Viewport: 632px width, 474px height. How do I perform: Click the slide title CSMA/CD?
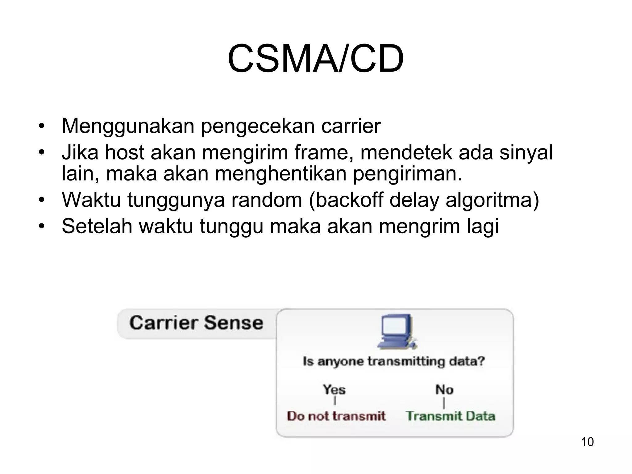(315, 59)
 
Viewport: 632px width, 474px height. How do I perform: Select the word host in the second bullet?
(124, 152)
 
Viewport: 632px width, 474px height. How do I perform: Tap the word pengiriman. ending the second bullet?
(407, 173)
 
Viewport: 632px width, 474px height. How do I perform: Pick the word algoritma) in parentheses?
(492, 200)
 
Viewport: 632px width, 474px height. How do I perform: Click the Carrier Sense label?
(196, 323)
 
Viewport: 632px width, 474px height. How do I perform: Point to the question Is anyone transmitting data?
(394, 361)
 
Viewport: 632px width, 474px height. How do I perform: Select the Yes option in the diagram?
(334, 389)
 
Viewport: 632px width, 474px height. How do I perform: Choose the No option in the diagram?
(444, 389)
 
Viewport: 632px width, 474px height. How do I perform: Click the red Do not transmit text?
(336, 416)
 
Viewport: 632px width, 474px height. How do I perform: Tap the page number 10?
(587, 442)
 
